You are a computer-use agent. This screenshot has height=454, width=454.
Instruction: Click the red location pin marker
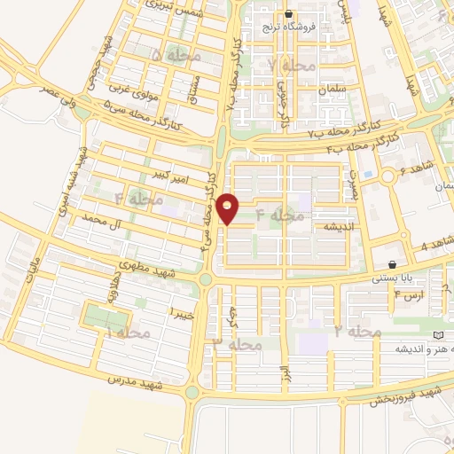click(x=229, y=208)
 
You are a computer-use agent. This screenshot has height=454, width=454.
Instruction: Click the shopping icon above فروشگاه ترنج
click(x=289, y=13)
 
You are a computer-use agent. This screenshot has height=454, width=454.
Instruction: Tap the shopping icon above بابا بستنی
click(x=392, y=264)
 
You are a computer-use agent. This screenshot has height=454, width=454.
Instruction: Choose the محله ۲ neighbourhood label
click(x=357, y=331)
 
